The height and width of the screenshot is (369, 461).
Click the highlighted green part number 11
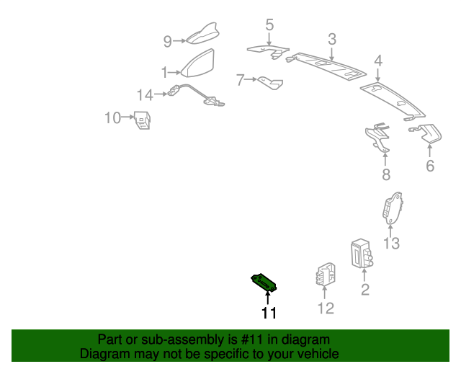[264, 283]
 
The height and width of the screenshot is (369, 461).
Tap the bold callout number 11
[269, 313]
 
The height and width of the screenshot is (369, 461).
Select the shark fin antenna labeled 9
[203, 34]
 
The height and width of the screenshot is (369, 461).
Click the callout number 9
[167, 42]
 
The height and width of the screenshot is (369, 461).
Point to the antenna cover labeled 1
[198, 63]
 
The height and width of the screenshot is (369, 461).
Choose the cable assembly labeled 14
[196, 94]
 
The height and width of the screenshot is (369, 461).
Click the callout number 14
[145, 95]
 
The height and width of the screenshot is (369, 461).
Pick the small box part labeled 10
[143, 120]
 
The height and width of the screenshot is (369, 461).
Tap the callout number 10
[112, 117]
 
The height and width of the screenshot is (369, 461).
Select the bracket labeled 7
[271, 83]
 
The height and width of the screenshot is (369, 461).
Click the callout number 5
[269, 25]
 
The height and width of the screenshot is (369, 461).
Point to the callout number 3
[332, 39]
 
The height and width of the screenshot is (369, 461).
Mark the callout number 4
[378, 61]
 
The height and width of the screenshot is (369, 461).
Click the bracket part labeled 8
[377, 137]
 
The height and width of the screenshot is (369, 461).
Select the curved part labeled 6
[426, 133]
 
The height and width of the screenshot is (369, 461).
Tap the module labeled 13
[392, 208]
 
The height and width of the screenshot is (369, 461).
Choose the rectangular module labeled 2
[362, 254]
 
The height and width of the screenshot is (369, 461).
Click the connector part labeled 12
[326, 275]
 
